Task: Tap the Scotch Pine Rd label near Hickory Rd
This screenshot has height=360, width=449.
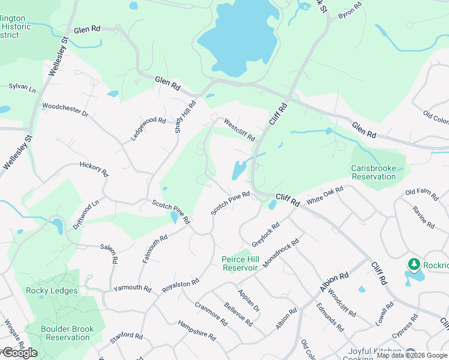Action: pyautogui.click(x=170, y=211)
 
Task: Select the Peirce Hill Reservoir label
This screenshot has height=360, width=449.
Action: pyautogui.click(x=240, y=263)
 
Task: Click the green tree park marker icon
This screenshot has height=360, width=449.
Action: pyautogui.click(x=414, y=264)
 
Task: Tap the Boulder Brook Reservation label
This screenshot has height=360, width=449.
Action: pyautogui.click(x=65, y=333)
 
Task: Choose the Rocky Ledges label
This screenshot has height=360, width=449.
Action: pyautogui.click(x=52, y=291)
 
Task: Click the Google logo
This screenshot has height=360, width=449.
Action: pyautogui.click(x=19, y=353)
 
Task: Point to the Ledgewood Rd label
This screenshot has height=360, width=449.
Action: pyautogui.click(x=148, y=128)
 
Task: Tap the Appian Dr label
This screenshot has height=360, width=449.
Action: pyautogui.click(x=249, y=301)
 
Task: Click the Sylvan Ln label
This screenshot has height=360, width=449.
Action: pyautogui.click(x=22, y=87)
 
